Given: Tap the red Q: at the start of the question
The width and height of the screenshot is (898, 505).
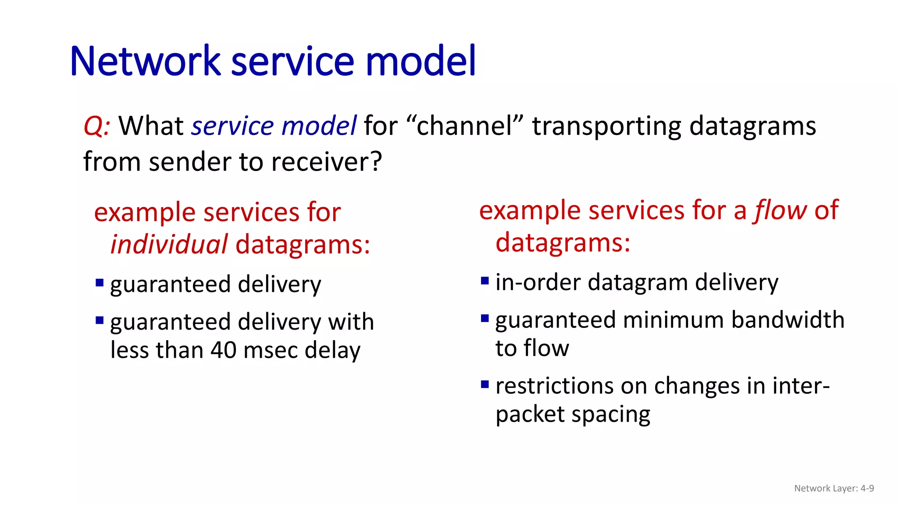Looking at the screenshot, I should [97, 126].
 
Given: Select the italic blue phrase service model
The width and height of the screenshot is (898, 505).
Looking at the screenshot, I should [274, 126].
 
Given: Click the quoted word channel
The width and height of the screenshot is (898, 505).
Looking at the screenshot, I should [465, 126].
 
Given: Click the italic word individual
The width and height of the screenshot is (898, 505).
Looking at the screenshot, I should [169, 244].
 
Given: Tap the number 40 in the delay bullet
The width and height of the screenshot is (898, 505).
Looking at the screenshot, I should [224, 350].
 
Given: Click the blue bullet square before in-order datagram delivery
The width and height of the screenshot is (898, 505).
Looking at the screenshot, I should [485, 281].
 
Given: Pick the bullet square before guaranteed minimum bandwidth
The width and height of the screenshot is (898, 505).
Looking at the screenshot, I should [485, 318].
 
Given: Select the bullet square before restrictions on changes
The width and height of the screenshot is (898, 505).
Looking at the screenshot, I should [485, 384].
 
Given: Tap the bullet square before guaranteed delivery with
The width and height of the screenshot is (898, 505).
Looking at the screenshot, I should [100, 320].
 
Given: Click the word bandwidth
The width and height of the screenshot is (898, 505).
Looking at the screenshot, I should [788, 320].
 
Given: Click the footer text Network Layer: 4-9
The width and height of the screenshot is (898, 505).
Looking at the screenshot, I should [834, 488].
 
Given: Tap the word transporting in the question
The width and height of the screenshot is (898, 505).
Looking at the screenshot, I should [606, 126].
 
